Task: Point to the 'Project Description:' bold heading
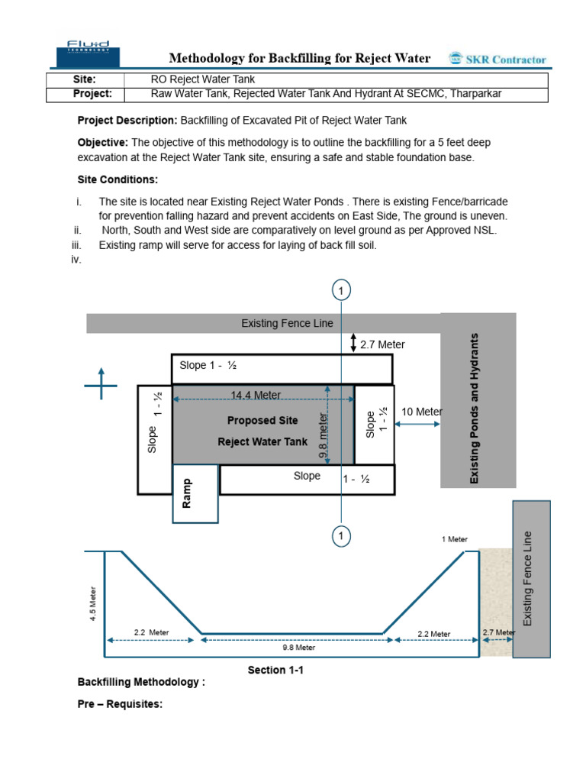click(127, 120)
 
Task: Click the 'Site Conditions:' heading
click(118, 179)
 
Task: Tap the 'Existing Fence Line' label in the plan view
click(287, 323)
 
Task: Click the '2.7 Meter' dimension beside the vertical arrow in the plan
click(382, 344)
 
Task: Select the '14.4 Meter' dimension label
click(256, 395)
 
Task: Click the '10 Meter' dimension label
click(421, 412)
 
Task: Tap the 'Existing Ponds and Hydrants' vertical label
click(475, 408)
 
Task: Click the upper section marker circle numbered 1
click(341, 290)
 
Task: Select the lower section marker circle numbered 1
click(341, 537)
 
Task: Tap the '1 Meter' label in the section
click(455, 539)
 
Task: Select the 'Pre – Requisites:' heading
click(120, 704)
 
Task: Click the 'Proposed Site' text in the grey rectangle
click(262, 420)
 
